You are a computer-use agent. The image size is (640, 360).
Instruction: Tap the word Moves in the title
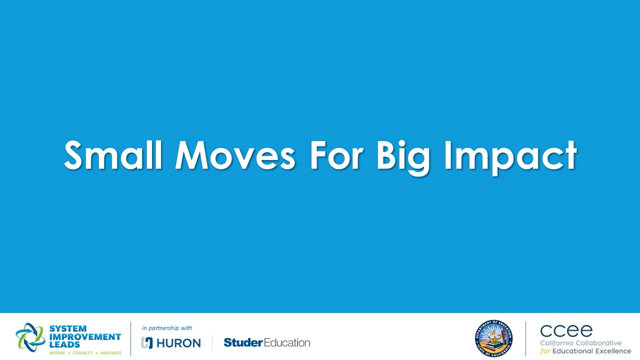pos(235,156)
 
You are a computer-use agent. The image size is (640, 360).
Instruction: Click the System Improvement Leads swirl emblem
pos(30,337)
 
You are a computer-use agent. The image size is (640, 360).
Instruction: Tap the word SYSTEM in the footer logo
pos(68,329)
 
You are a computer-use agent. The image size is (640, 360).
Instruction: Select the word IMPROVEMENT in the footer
pos(85,337)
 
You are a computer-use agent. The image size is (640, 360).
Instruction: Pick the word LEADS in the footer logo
pos(65,345)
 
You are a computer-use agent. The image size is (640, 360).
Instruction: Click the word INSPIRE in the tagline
pos(57,353)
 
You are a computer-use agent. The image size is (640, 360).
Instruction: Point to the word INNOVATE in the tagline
pos(111,353)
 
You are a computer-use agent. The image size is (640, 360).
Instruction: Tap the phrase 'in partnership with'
pos(167,328)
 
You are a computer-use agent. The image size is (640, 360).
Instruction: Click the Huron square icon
pos(147,343)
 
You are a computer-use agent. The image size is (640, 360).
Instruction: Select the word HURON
pos(179,343)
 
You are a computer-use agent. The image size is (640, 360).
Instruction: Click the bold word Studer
pos(243,342)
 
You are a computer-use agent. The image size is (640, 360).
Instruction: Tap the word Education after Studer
pos(287,342)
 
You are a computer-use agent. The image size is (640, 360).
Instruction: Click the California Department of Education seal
pos(494,338)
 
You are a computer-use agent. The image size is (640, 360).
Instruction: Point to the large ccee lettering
pos(566,331)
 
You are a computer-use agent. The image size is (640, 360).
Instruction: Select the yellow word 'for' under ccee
pos(545,351)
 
